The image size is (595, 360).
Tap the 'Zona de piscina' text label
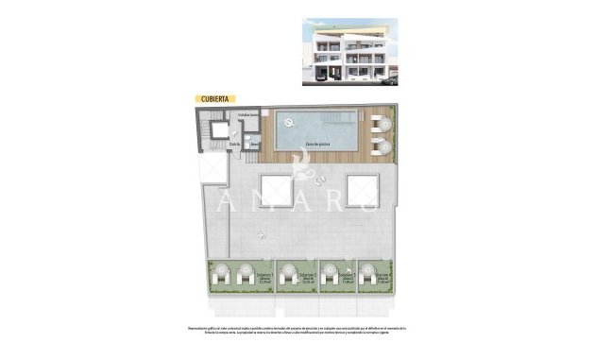[316, 143]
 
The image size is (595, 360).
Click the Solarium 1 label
[263, 278]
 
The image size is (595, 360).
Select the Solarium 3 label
[348, 278]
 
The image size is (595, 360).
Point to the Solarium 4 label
[382, 278]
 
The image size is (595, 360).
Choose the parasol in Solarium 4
[364, 273]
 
